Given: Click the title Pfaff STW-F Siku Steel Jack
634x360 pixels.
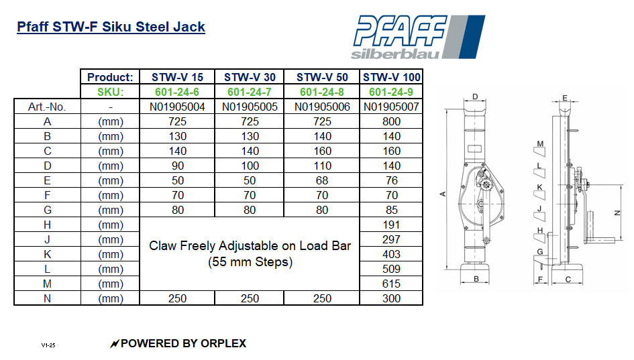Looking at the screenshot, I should click(111, 27).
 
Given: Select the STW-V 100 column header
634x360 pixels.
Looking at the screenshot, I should click(392, 77).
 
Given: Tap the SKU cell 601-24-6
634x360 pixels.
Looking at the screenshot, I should click(177, 92).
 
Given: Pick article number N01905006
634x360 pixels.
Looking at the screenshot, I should click(322, 107).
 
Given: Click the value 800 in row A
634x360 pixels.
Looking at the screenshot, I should click(391, 121).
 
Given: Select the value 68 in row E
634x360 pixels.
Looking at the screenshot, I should click(322, 180).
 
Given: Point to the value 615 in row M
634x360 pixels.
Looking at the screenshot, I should click(391, 284).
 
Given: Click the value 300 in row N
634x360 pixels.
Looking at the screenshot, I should click(391, 298).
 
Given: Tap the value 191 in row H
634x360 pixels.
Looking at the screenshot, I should click(391, 225).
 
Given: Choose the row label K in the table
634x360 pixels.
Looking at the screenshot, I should click(47, 255).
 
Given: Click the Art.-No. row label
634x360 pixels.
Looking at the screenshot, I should click(47, 107).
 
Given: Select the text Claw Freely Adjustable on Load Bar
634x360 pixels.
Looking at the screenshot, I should click(250, 246).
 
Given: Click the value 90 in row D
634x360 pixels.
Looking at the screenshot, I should click(177, 166).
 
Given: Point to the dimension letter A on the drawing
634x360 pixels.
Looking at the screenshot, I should click(442, 194).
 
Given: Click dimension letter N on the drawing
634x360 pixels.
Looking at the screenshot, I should click(617, 212).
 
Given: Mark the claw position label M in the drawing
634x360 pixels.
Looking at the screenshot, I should click(539, 143).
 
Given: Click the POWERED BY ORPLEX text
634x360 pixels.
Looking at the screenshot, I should click(182, 343).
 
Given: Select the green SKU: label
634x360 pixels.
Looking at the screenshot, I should click(111, 92).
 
